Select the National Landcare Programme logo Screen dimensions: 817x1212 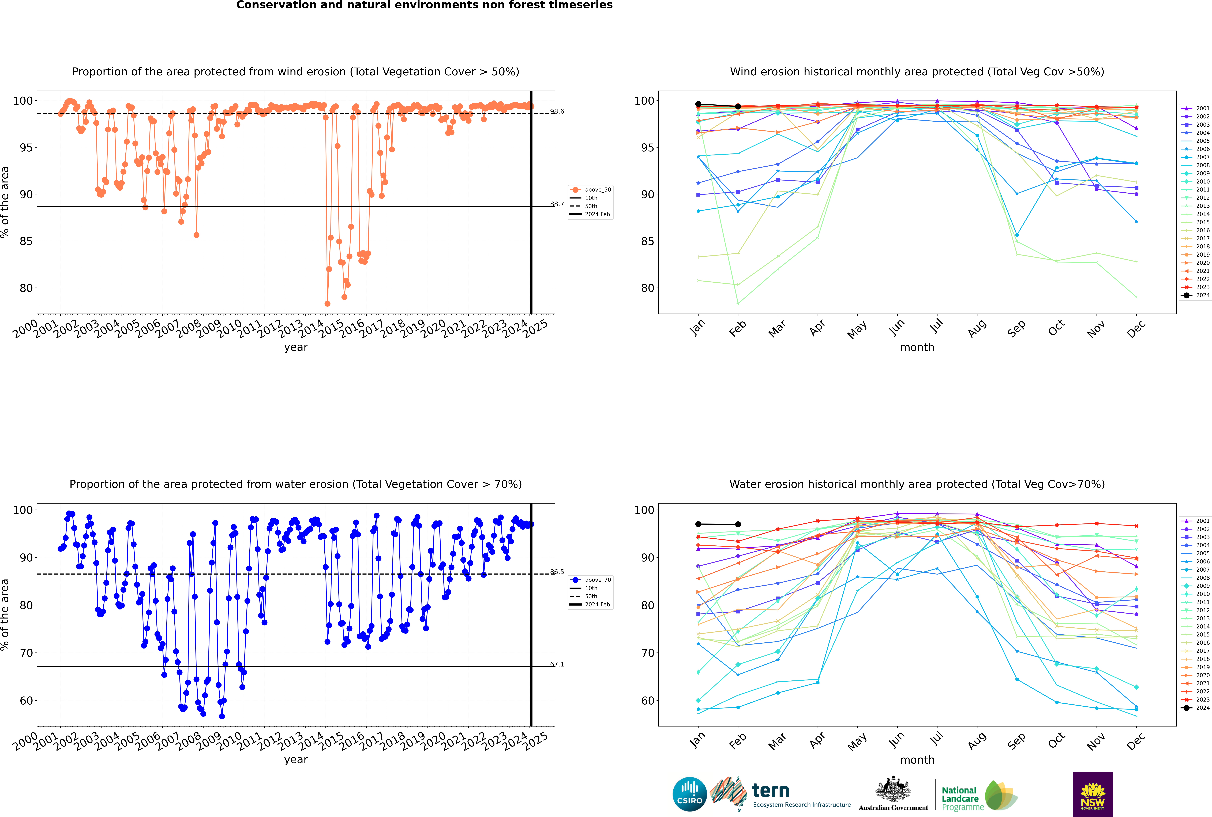[979, 796]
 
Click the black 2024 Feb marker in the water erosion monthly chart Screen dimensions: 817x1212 [738, 524]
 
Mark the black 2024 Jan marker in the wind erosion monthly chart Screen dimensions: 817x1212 [698, 104]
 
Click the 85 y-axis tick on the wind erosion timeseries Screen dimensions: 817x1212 [26, 241]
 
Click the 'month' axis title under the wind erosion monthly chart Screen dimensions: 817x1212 [917, 348]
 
